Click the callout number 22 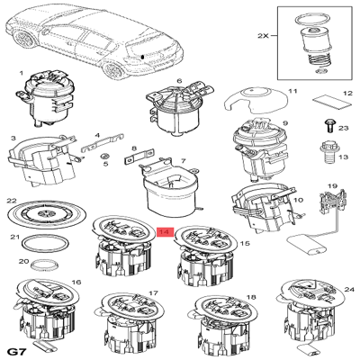pyautogui.click(x=12, y=201)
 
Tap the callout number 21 pyautogui.click(x=14, y=238)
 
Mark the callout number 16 pyautogui.click(x=76, y=283)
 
